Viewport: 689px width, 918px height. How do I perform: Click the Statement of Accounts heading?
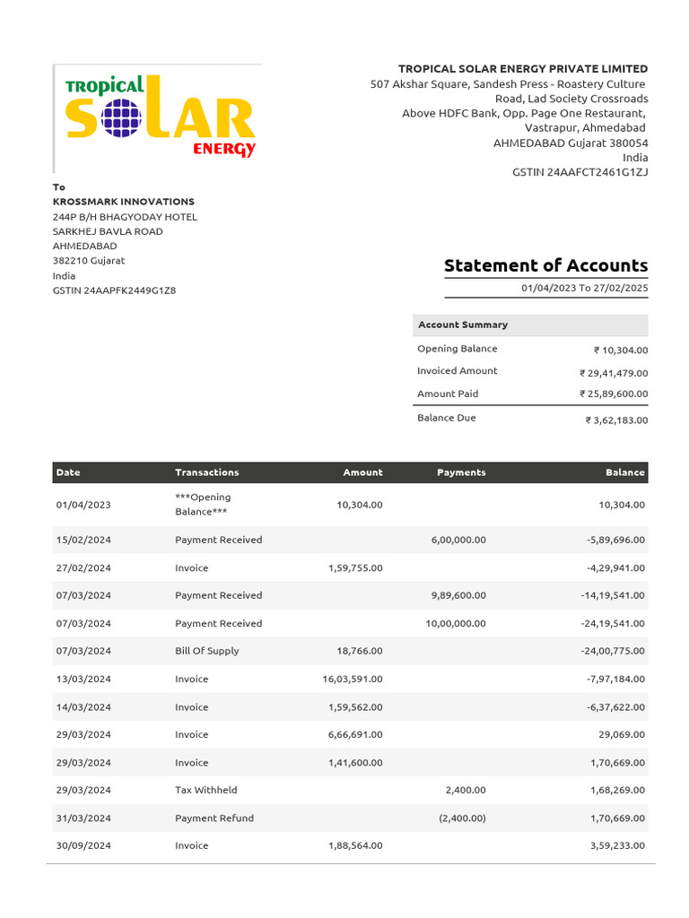coord(545,265)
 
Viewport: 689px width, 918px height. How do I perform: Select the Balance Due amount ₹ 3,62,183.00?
coord(616,420)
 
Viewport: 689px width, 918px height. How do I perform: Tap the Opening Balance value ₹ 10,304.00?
coord(620,351)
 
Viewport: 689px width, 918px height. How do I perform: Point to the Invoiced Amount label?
coord(457,371)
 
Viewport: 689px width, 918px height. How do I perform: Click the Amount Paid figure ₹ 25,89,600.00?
coord(614,394)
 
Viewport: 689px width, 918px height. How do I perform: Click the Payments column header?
coord(461,472)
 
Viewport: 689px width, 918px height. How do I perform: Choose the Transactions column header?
coord(207,472)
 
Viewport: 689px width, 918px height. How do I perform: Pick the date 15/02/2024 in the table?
coord(83,540)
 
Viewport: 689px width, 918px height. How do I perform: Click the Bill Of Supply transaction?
coord(207,651)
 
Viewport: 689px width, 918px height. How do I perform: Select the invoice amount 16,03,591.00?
coord(353,679)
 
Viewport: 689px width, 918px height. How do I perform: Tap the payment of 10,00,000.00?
coord(456,623)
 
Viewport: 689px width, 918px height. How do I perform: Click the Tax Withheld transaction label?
coord(206,790)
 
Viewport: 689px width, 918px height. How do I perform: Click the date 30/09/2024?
coord(83,845)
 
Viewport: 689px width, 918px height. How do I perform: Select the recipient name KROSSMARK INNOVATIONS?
coord(124,202)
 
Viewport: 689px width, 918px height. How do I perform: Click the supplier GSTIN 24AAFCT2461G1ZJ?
coord(580,172)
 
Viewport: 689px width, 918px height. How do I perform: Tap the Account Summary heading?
coord(463,325)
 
